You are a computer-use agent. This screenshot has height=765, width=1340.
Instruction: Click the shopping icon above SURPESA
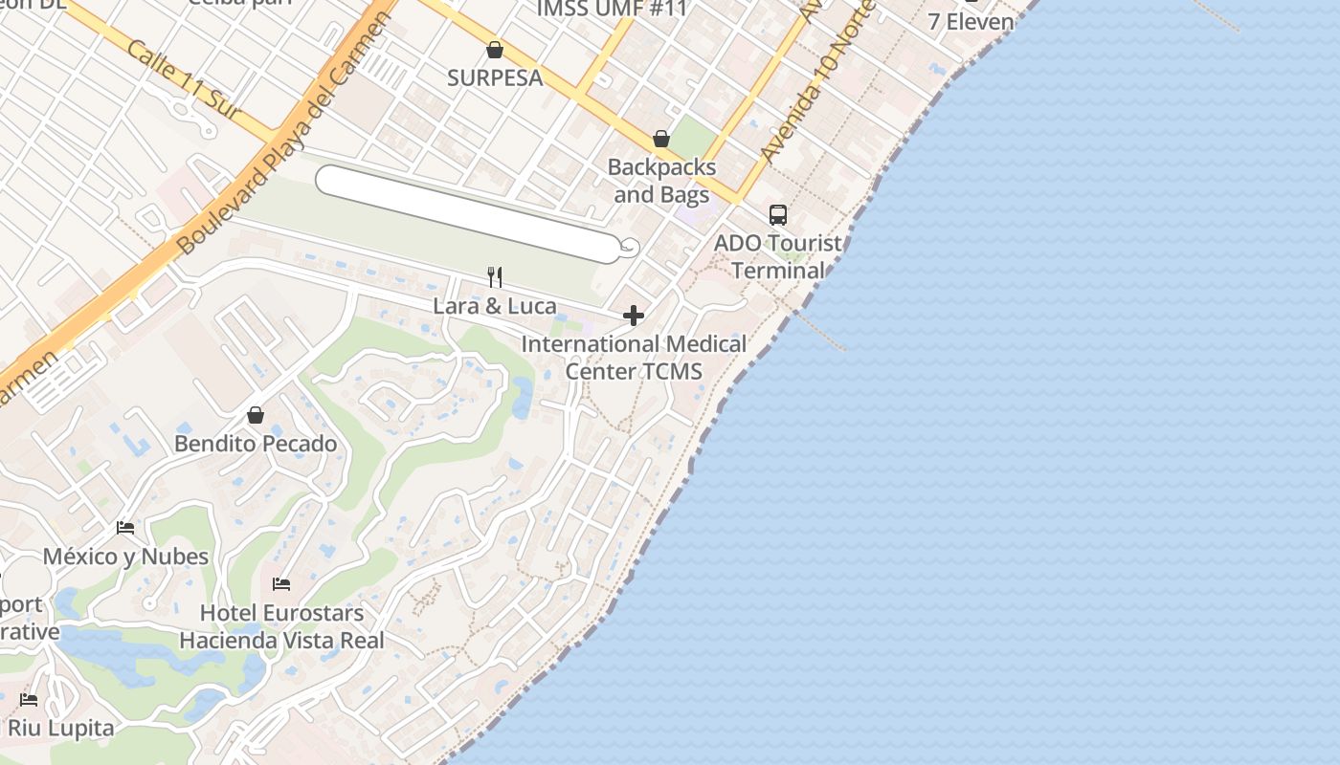tap(495, 50)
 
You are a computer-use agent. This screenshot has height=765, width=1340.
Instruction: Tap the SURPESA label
tap(495, 78)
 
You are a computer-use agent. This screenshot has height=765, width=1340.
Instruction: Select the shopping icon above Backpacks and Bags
tap(660, 140)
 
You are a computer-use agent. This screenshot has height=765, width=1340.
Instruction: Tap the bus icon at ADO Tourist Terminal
tap(778, 215)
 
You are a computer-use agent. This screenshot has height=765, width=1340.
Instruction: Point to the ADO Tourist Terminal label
tap(778, 256)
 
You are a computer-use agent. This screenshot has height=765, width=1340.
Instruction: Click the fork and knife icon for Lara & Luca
tap(495, 277)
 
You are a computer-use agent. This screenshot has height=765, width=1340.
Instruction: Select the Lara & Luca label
tap(495, 306)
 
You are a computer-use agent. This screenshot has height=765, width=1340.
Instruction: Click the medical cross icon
tap(634, 316)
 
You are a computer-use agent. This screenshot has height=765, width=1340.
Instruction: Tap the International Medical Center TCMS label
tap(634, 358)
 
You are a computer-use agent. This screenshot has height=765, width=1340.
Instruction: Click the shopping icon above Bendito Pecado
tap(256, 415)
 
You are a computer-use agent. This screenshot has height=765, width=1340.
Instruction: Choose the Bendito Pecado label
tap(256, 444)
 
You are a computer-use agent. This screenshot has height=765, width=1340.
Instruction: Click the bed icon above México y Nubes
tap(125, 528)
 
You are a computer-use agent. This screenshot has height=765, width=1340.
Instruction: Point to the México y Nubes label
tap(125, 557)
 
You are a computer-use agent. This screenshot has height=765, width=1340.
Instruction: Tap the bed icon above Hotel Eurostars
tap(281, 583)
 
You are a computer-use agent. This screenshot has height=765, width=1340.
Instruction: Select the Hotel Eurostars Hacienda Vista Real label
tap(281, 626)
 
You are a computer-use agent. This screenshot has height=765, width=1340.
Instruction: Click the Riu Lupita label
tap(61, 728)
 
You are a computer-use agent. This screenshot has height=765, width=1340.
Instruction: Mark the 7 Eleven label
tap(971, 21)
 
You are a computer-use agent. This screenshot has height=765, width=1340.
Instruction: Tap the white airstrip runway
tap(469, 212)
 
